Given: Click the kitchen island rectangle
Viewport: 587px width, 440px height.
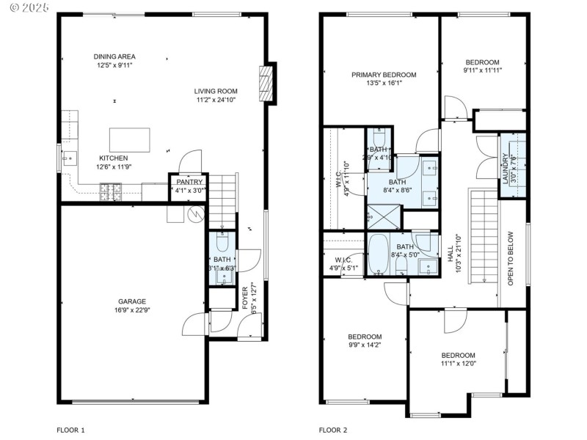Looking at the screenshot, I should point(129,139).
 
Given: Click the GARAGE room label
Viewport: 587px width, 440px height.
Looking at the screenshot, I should point(133,301).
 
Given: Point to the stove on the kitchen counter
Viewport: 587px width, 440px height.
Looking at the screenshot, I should point(112,193).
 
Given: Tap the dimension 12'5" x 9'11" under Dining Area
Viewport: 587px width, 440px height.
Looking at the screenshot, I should point(114,65).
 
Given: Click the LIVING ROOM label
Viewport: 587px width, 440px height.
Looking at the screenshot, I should point(216,91).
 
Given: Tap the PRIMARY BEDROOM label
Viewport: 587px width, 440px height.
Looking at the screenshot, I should point(383,75).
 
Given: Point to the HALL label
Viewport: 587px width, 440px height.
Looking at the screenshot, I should point(451,253).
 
